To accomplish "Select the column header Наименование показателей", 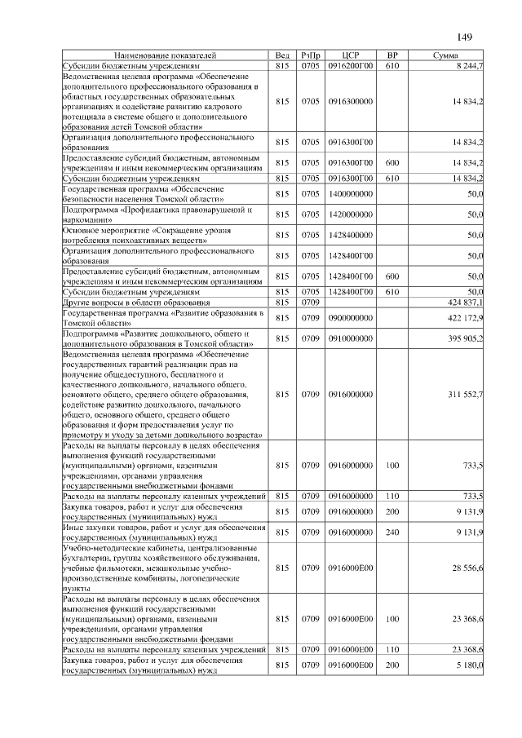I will pyautogui.click(x=167, y=55).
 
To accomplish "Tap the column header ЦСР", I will pyautogui.click(x=352, y=55).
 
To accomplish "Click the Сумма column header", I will pyautogui.click(x=444, y=55).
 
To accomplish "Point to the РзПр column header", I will pyautogui.click(x=310, y=55).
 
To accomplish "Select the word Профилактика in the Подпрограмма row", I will pyautogui.click(x=160, y=210).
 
